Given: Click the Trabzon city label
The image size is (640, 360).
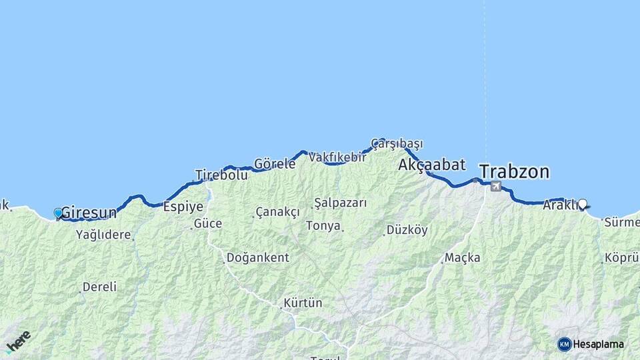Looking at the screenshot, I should point(514,172).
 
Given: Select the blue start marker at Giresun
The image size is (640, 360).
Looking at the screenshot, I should point(58,213).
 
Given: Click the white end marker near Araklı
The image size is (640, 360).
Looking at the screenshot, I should point(583,204).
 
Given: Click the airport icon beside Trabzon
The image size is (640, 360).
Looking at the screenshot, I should point(496,186).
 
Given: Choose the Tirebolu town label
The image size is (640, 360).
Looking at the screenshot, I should point(221,175).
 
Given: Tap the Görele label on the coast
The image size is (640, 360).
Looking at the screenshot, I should point(275,164).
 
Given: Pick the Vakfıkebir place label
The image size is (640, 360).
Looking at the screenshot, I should point(337,157).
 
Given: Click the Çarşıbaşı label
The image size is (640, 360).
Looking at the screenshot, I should point(397,143).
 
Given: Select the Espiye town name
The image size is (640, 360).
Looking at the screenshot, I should point(183,207).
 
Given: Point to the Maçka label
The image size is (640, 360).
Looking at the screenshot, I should point(462,257).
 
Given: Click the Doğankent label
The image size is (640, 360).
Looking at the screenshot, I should point(257,257).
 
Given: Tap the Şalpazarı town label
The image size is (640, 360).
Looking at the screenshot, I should point(340,203).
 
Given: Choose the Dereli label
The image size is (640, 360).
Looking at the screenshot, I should point(99,287).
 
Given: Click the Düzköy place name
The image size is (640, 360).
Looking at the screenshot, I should point(407,231).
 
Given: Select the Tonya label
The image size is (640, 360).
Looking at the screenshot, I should point(323,226).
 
